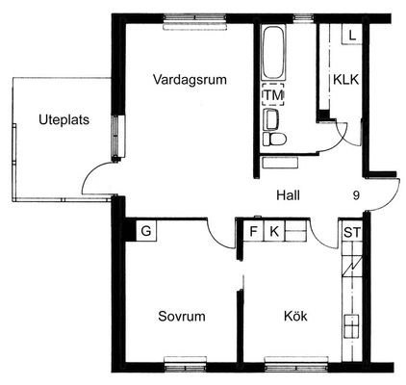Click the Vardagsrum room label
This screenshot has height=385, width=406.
[190, 80]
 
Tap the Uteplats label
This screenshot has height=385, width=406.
[64, 120]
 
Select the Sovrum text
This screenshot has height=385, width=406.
[182, 317]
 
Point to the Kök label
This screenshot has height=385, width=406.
[295, 316]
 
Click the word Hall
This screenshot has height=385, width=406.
[289, 195]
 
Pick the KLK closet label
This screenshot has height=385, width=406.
[346, 80]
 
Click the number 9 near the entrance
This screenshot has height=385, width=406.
[356, 195]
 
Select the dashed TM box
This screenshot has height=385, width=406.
[273, 94]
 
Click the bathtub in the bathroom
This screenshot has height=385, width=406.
[273, 53]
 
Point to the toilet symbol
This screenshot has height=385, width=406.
[274, 140]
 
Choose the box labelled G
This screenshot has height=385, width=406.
[146, 231]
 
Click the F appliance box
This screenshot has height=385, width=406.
[253, 231]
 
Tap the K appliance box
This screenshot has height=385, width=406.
[274, 231]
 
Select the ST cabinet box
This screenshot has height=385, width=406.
[352, 232]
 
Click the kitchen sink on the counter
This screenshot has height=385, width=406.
[351, 326]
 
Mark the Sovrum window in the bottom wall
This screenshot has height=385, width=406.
[185, 365]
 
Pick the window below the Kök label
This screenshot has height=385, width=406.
[296, 365]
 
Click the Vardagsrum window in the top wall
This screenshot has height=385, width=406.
[194, 22]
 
